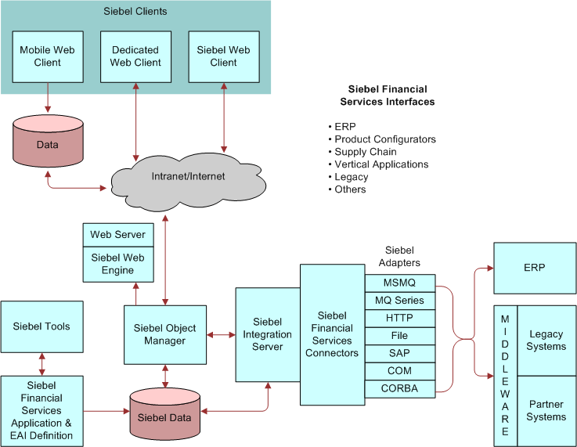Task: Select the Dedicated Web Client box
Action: [x=135, y=56]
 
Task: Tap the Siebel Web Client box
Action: [x=223, y=56]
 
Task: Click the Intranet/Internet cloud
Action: [x=187, y=177]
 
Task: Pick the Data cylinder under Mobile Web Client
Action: [x=48, y=144]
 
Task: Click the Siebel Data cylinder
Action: [x=164, y=416]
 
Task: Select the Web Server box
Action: [x=117, y=234]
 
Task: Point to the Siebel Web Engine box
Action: [x=117, y=264]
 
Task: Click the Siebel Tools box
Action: [x=41, y=326]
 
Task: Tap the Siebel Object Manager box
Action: [x=165, y=334]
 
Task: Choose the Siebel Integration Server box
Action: [x=268, y=334]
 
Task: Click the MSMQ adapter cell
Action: [x=400, y=283]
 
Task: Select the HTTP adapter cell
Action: [x=400, y=318]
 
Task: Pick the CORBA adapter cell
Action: [x=400, y=388]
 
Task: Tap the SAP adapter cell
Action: [x=400, y=353]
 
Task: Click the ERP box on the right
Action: [x=534, y=268]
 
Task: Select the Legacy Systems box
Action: [x=546, y=341]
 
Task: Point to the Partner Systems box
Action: [x=546, y=411]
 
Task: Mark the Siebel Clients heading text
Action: [x=135, y=12]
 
